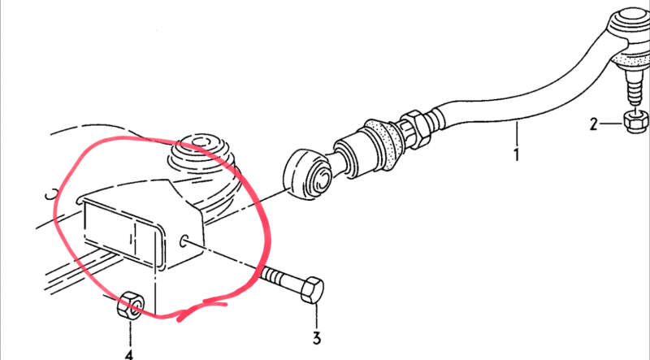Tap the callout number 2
point(594,124)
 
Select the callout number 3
point(317,338)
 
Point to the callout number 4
point(129,354)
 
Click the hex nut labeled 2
point(635,122)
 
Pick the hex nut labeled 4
point(130,305)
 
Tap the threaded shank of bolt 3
point(281,277)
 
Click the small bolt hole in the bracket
point(184,241)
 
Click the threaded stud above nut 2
point(634,90)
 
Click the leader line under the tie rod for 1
point(517,132)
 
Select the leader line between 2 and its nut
point(612,124)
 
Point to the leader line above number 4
point(130,333)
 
